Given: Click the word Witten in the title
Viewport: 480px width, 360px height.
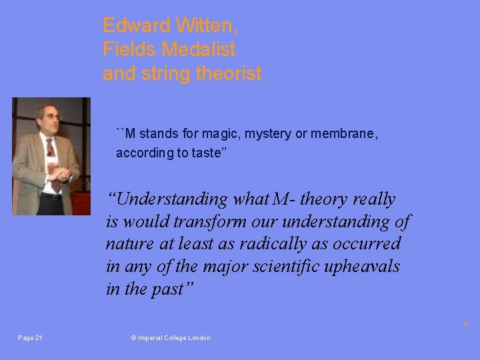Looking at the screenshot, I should [206, 26].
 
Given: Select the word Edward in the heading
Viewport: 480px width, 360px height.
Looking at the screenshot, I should [136, 26].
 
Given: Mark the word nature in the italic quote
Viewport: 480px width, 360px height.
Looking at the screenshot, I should [127, 243].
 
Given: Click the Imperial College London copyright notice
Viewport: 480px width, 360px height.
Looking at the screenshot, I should [171, 338].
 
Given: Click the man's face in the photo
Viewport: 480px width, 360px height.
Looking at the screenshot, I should [49, 118].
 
